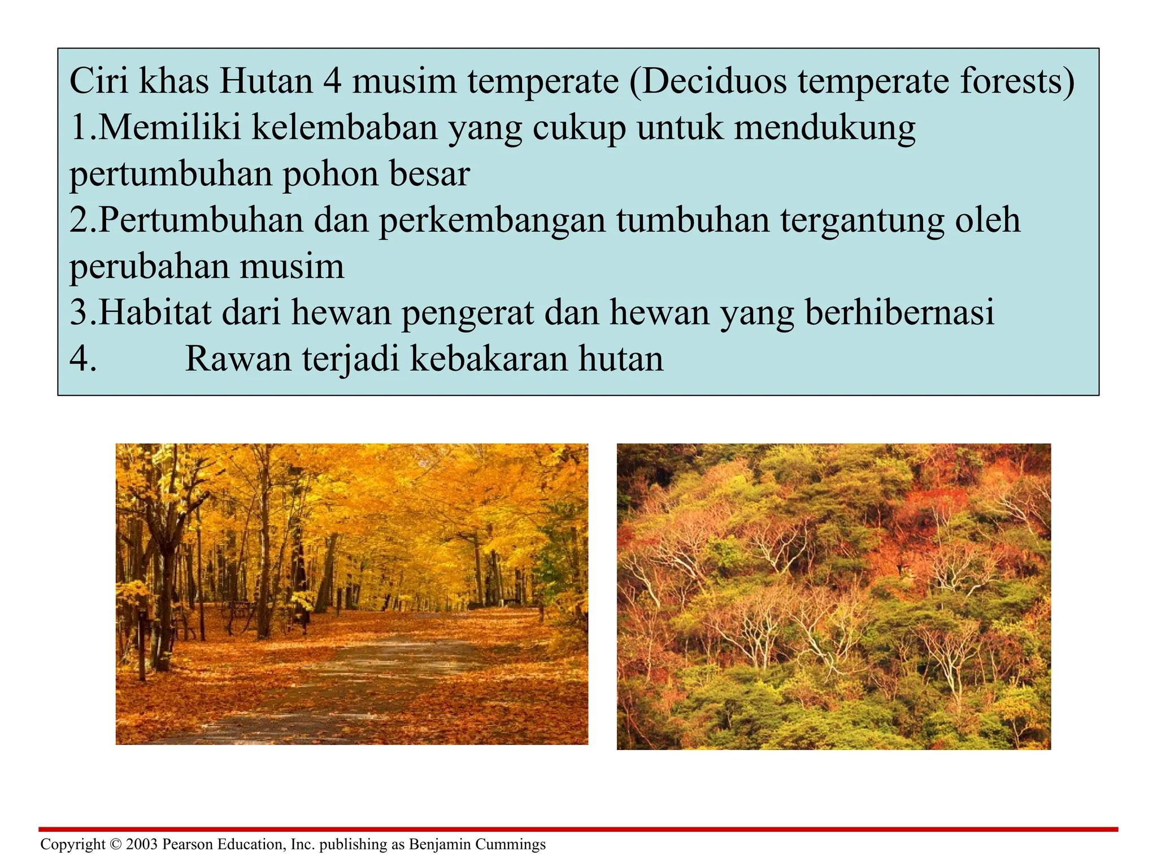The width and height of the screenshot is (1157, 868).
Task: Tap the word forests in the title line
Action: click(x=1017, y=81)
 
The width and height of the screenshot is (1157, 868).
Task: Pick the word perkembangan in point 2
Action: click(x=492, y=220)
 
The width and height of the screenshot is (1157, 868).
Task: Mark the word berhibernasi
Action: click(x=899, y=313)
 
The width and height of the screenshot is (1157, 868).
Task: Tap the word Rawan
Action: click(x=238, y=359)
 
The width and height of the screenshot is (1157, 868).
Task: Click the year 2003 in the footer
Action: click(x=142, y=844)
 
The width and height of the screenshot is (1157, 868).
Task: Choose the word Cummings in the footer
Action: click(x=511, y=844)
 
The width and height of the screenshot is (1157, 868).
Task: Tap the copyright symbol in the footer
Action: click(x=116, y=844)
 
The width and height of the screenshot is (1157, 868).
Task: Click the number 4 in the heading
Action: click(x=333, y=81)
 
